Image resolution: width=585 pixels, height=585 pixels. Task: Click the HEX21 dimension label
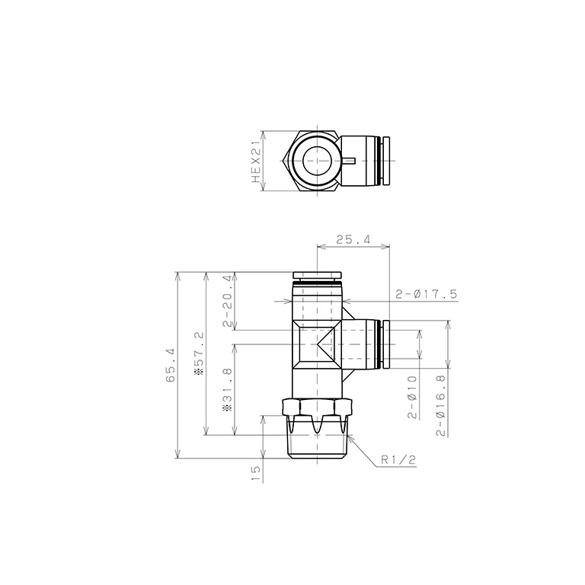point(256,162)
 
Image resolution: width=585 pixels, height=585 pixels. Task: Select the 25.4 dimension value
point(353,239)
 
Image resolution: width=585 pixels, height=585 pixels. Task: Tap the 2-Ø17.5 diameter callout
point(426,294)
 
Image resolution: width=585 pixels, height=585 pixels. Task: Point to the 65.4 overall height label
point(171,365)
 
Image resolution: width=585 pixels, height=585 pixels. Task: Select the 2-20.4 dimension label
point(228,301)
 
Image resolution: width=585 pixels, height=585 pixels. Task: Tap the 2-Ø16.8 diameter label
point(440,405)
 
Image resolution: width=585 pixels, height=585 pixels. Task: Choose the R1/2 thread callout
point(398,459)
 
